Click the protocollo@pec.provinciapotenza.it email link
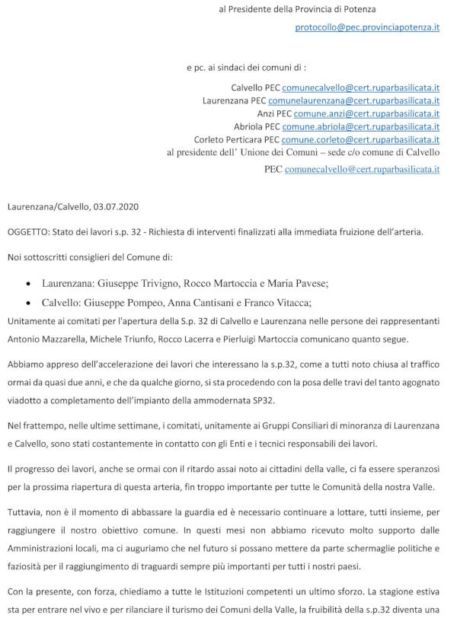point(367,27)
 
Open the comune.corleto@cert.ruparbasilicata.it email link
point(360,140)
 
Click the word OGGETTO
point(31,231)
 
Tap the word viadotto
point(26,397)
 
